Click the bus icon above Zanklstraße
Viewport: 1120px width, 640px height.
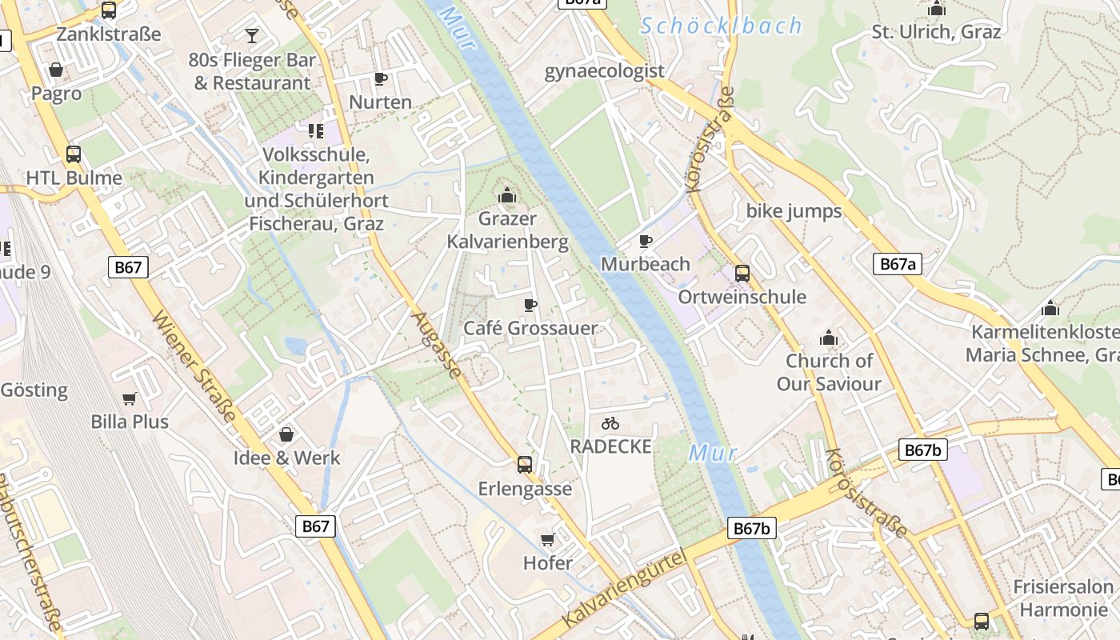click(x=109, y=10)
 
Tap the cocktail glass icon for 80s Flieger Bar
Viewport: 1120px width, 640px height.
click(x=252, y=35)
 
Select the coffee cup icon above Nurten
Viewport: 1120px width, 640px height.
click(x=381, y=78)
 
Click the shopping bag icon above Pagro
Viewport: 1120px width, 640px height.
click(x=56, y=70)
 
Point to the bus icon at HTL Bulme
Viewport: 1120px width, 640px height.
click(x=74, y=154)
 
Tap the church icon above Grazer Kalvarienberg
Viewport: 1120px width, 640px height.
click(x=507, y=194)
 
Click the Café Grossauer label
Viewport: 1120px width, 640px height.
click(x=530, y=328)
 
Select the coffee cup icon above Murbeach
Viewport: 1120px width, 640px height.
click(x=646, y=240)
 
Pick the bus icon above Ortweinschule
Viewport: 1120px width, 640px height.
click(x=742, y=274)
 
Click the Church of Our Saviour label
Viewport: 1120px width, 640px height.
click(x=829, y=372)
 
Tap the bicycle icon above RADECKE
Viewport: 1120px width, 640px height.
click(x=610, y=422)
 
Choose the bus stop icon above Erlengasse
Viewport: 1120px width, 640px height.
click(x=525, y=464)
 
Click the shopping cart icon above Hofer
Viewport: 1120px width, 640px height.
click(x=548, y=539)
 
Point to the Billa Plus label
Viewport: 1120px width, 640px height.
click(x=130, y=422)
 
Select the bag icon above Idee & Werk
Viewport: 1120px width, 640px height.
click(x=286, y=434)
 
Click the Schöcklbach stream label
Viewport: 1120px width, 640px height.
click(x=722, y=26)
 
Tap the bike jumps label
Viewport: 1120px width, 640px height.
click(x=794, y=211)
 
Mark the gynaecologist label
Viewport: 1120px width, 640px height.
click(x=604, y=71)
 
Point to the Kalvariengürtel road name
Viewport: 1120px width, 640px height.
click(x=624, y=589)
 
